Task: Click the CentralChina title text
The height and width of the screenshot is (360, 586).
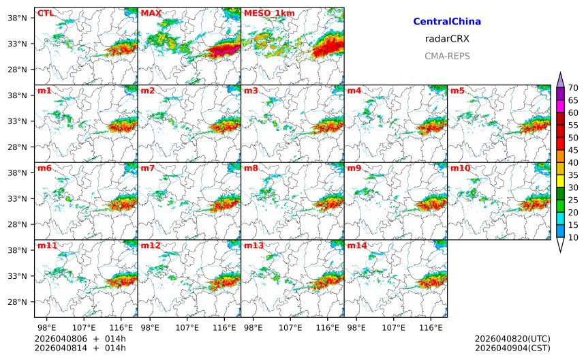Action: coord(447,22)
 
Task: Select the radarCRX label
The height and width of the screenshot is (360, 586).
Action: coord(447,39)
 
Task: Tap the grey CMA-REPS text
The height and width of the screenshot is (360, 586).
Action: coord(447,56)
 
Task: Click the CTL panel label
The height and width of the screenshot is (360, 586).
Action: coord(45,13)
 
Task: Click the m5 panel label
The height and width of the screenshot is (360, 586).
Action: coord(457,91)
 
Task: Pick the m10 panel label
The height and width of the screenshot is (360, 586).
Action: coord(460,168)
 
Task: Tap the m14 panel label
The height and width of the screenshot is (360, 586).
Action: coord(356,245)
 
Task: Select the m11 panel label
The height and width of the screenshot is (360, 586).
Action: coord(46,245)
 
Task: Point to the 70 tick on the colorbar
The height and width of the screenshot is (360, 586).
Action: coord(573,87)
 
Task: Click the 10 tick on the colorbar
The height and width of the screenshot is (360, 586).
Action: coord(573,237)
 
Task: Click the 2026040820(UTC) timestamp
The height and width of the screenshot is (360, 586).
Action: coord(512,338)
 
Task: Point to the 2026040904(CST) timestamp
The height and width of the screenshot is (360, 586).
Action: coord(512,348)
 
